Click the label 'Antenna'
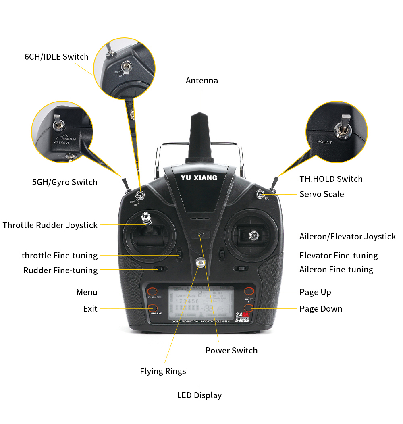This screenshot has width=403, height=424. tap(201, 81)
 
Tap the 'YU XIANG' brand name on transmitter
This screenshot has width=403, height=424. tap(199, 178)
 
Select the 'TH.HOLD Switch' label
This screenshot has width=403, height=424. tap(331, 179)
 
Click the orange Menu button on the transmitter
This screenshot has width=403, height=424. tap(152, 291)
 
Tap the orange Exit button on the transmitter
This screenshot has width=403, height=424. tap(152, 308)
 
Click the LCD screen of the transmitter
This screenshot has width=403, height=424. tap(201, 302)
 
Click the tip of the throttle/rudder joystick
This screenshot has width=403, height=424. tap(146, 219)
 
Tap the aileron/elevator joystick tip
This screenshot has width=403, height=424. tap(254, 235)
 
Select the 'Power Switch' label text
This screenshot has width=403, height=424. tap(231, 351)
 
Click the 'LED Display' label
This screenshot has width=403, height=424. tap(199, 395)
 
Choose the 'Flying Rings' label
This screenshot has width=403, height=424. tap(163, 371)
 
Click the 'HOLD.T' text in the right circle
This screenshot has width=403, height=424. tap(324, 142)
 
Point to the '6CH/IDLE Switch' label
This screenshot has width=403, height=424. tap(56, 57)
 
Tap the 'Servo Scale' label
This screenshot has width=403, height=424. tap(322, 194)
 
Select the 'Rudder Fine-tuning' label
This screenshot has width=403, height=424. tap(60, 270)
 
